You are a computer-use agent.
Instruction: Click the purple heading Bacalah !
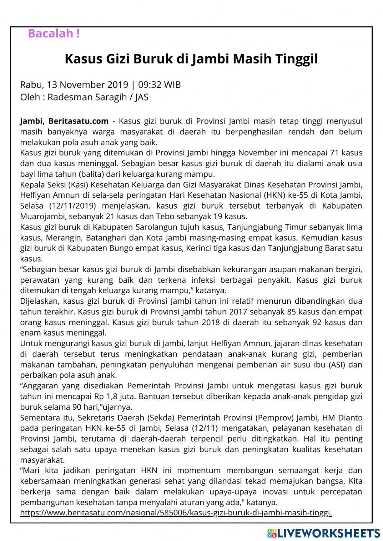(54, 34)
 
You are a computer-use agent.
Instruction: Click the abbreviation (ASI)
(337, 364)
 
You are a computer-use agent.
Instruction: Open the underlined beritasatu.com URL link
(176, 513)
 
